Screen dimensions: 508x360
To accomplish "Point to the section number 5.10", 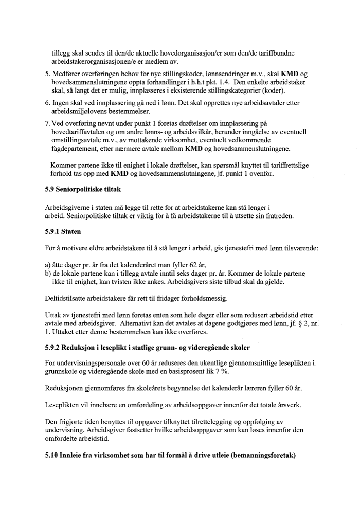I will click(52, 457).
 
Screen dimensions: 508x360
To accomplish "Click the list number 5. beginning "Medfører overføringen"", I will click(47, 74).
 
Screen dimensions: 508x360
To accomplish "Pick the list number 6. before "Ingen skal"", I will click(47, 103).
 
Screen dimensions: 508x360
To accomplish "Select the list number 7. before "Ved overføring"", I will click(47, 124).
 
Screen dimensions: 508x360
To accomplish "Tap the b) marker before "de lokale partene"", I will click(48, 273).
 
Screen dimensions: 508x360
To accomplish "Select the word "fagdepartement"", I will click(75, 149).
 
